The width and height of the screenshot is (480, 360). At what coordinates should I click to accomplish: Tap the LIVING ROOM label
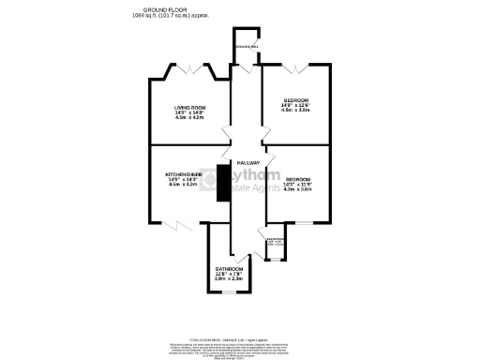[x=188, y=108]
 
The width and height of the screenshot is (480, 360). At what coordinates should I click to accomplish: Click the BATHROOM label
[x=229, y=268]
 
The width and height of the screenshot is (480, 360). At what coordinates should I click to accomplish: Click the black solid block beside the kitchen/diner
[x=222, y=182]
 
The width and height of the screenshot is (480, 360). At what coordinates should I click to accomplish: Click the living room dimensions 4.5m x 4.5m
[x=188, y=118]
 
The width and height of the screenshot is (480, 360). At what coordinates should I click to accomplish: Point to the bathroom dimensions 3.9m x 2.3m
[x=229, y=278]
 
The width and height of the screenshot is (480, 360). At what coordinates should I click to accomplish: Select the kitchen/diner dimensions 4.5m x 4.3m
[x=183, y=185]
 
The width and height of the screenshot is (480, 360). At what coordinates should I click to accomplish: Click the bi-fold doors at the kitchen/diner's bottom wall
[x=175, y=224]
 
